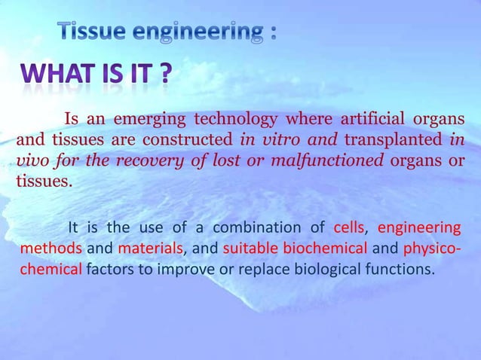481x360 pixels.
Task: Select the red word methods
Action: (x=51, y=249)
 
